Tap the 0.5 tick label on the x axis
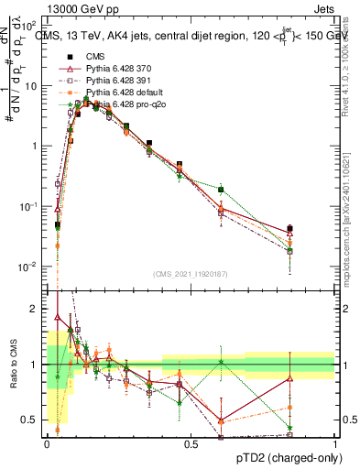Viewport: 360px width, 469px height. (191, 444)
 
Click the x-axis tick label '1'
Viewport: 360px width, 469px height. (334, 444)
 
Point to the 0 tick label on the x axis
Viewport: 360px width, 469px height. (47, 444)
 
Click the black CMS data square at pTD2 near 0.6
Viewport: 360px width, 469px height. (221, 190)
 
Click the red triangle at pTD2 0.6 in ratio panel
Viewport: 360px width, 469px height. (221, 420)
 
